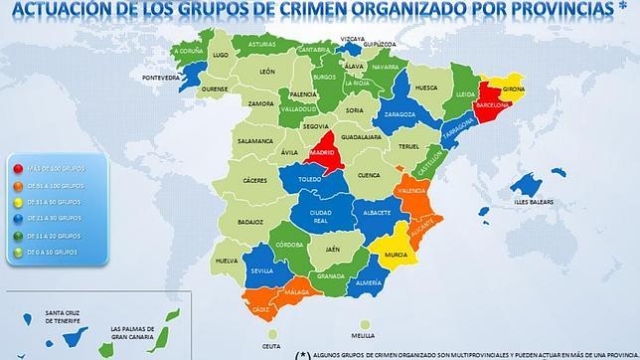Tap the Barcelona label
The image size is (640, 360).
[x=493, y=104]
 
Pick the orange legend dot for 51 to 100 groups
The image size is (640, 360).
[x=17, y=186]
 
